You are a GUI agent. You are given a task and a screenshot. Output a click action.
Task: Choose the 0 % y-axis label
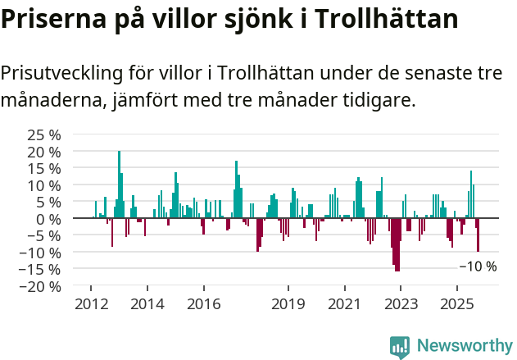pos(48,219)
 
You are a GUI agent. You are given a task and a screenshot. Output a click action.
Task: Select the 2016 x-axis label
pos(203,304)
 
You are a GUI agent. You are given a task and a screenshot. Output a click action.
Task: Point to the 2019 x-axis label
pos(288,304)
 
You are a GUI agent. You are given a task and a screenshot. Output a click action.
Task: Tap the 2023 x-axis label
pos(401,304)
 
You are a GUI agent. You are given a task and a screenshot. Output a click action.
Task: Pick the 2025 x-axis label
pos(456,304)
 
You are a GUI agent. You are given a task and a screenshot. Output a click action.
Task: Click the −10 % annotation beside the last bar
pos(478,267)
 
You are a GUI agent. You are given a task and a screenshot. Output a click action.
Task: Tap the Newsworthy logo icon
pos(400,347)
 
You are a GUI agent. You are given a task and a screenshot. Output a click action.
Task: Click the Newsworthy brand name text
pos(464,346)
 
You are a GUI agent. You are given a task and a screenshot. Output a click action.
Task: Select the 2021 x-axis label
pos(344,304)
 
